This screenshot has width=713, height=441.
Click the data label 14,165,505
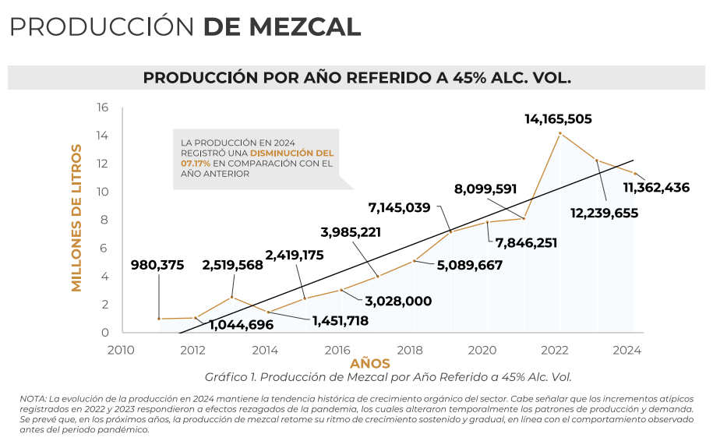(558, 119)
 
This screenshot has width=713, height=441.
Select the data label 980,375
(157, 265)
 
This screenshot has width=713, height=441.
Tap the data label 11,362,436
(656, 187)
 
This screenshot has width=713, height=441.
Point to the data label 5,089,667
(469, 265)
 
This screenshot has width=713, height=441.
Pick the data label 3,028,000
(397, 301)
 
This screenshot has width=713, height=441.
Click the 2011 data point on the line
(159, 319)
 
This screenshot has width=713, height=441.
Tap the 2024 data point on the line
(634, 173)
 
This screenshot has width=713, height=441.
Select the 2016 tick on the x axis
(337, 350)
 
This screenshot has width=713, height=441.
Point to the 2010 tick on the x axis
(122, 350)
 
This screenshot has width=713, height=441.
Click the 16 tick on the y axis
(102, 108)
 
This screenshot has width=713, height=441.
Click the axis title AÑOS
(370, 364)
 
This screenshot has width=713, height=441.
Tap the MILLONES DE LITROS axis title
(76, 217)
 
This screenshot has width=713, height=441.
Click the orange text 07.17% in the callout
(196, 164)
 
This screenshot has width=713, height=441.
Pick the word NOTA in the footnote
(32, 399)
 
